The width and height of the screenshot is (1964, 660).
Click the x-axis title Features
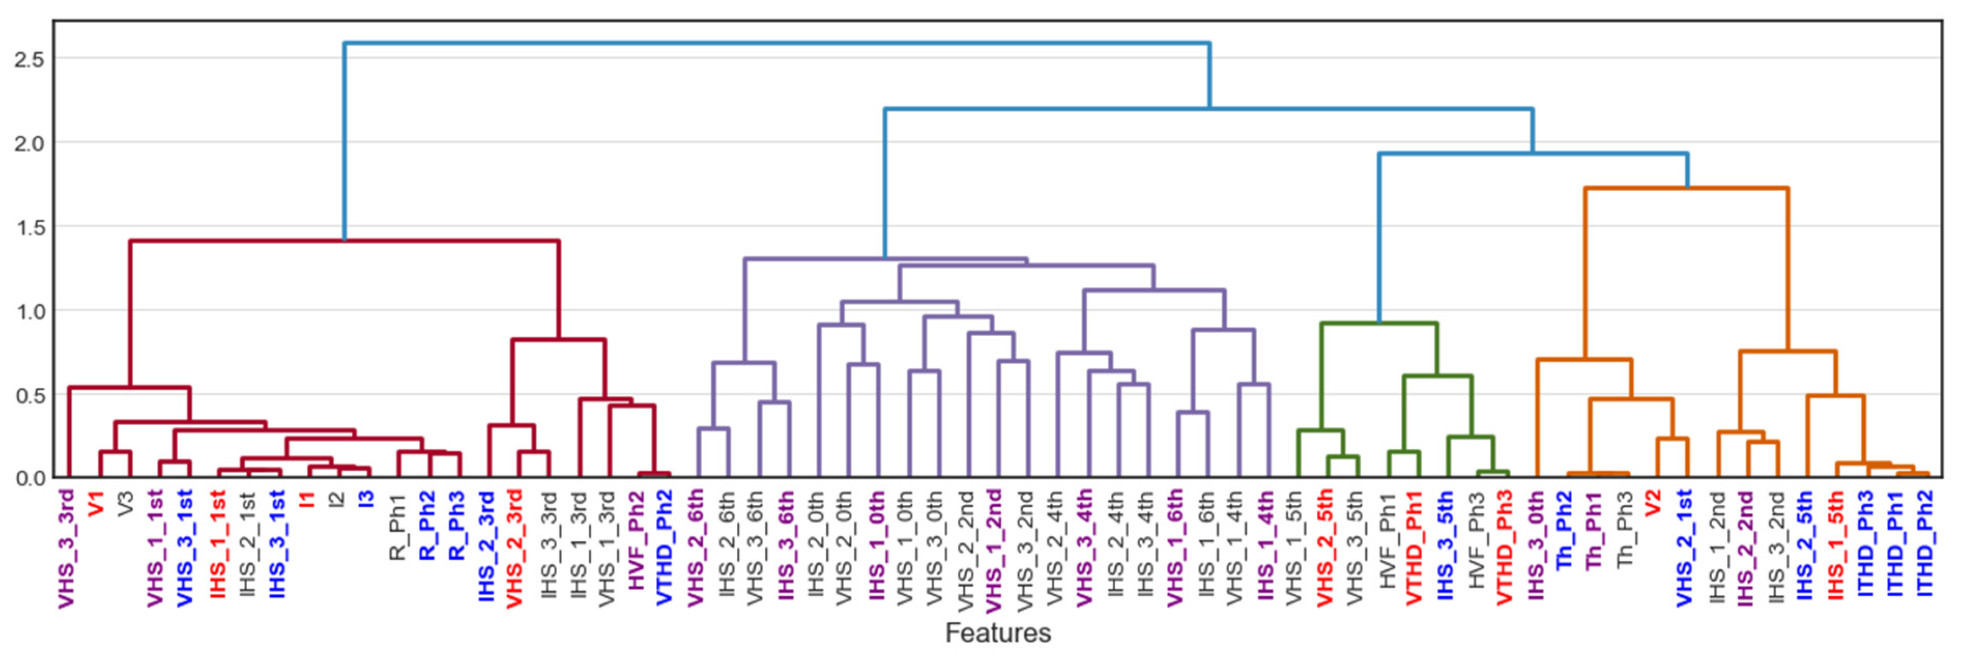997,632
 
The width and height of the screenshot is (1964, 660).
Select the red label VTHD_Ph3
1503,547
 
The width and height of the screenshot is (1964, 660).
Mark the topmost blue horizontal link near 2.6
776,43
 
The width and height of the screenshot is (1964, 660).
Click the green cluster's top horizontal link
1378,324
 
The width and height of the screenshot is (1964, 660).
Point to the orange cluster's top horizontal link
1687,188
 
